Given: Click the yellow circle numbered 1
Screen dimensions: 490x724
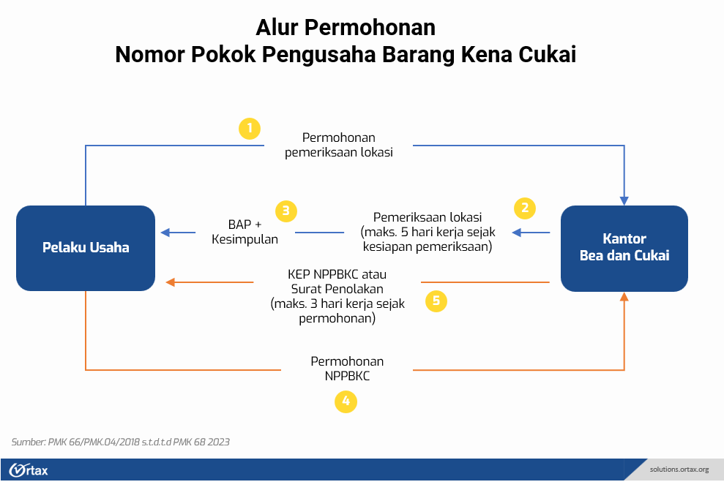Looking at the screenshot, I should point(250,129).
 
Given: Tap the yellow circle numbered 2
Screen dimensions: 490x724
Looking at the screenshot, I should point(524,208).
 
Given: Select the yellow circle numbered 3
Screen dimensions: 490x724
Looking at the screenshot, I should point(286,211).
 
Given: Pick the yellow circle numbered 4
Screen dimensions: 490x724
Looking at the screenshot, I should point(346,401).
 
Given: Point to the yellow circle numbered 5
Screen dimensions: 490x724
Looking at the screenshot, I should point(436,301).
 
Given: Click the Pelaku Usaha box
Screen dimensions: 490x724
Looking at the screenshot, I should point(86,247).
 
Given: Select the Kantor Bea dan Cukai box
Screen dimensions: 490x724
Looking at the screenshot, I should point(624,248).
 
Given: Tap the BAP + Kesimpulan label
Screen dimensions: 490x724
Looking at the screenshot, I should point(245,232).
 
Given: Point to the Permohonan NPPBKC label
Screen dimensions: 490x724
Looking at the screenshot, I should point(347,369).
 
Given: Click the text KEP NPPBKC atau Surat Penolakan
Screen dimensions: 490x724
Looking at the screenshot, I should point(337,281).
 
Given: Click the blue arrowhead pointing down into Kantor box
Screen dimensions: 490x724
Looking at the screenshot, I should point(624,200).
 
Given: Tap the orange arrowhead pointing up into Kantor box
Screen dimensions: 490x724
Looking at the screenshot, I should point(624,297).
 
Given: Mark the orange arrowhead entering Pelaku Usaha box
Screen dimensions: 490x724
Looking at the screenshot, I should point(171,282).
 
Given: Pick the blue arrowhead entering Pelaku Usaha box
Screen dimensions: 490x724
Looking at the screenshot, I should point(165,233).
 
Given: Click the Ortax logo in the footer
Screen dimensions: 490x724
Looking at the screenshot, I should point(29,470).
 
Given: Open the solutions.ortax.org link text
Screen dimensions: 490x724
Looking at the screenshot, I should point(679,469).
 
